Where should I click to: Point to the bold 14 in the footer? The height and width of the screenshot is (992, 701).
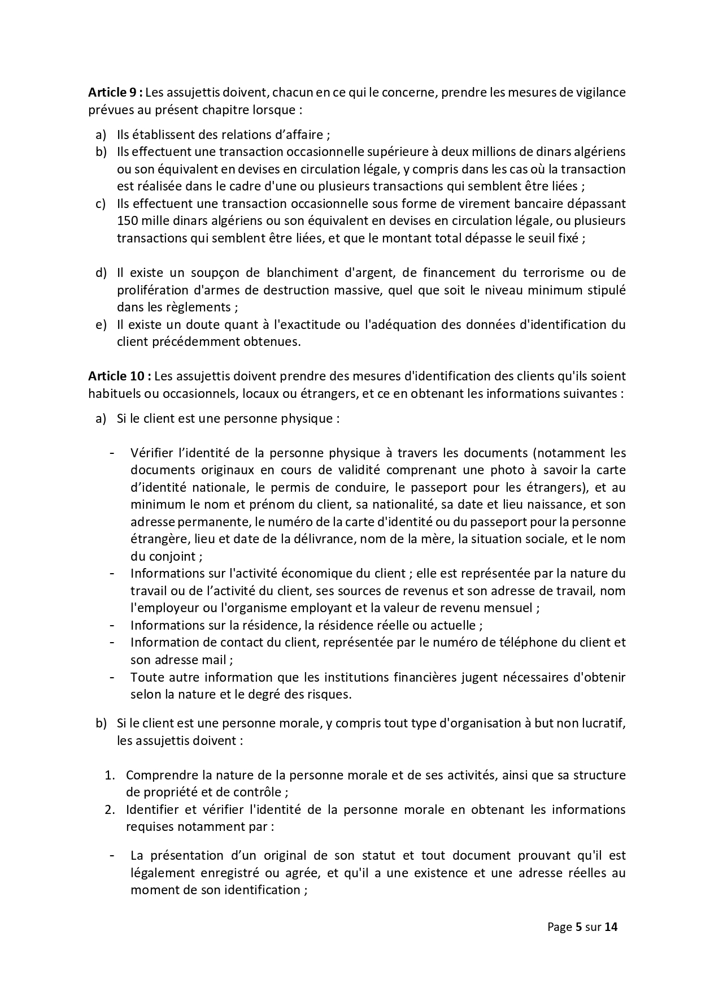pos(611,927)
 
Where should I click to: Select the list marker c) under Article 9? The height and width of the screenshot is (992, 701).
pos(101,203)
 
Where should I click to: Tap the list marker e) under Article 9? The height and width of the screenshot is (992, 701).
pos(101,324)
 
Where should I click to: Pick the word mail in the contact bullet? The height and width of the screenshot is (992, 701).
pos(215,660)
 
